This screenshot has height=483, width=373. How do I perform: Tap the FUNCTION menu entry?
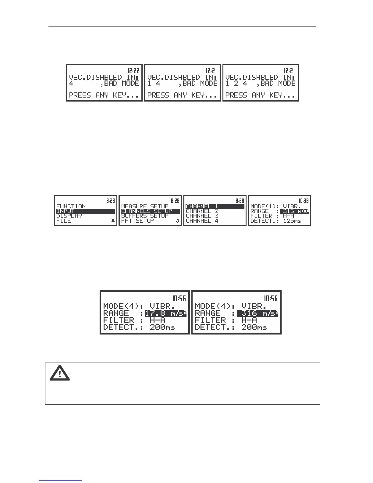[x=71, y=206]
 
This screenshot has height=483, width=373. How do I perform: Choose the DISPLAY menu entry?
[x=69, y=216]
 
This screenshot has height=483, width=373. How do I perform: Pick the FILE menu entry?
[x=64, y=221]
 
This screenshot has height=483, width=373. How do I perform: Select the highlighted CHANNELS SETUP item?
[x=147, y=211]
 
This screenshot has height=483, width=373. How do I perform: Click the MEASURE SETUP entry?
[x=145, y=206]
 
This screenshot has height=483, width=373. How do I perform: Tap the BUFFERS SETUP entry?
[x=145, y=216]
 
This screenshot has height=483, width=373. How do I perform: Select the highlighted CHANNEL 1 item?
[x=202, y=206]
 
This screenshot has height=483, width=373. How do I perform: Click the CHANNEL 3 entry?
[x=202, y=216]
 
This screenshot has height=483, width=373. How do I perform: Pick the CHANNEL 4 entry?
[x=202, y=221]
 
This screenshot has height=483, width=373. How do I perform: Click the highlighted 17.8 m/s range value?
[x=165, y=313]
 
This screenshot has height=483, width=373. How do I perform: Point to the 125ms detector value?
[x=292, y=221]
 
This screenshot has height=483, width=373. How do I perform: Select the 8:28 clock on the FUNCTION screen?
[x=111, y=201]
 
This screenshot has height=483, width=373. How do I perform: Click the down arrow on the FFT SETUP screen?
[x=178, y=221]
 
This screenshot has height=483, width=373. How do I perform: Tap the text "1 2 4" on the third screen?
[x=236, y=83]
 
